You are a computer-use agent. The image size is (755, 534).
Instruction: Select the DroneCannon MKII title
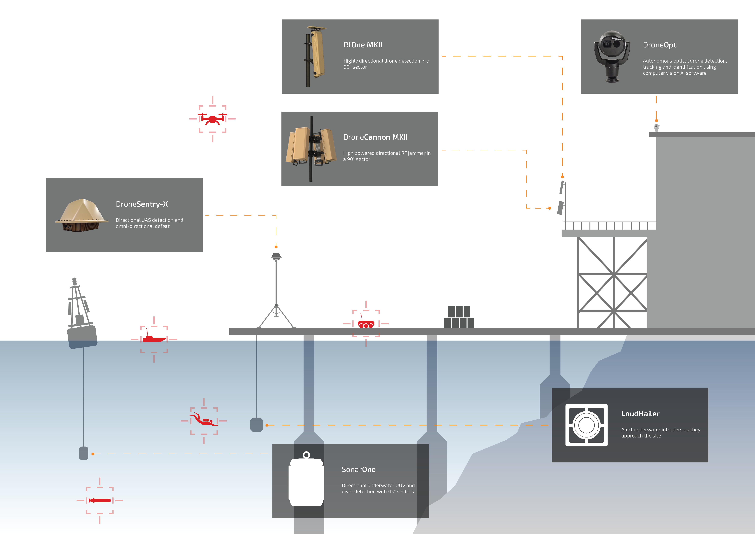[375, 137]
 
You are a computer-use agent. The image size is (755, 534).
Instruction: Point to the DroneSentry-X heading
[142, 204]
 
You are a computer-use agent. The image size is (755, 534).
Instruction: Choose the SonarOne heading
[358, 470]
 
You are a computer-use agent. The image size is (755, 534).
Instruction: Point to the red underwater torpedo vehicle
[100, 501]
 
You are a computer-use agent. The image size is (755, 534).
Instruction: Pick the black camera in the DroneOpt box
[612, 56]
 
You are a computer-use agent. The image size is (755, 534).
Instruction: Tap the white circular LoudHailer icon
[586, 425]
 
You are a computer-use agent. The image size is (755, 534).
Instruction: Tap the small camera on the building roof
[656, 127]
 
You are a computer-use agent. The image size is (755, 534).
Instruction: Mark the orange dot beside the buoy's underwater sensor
[93, 454]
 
